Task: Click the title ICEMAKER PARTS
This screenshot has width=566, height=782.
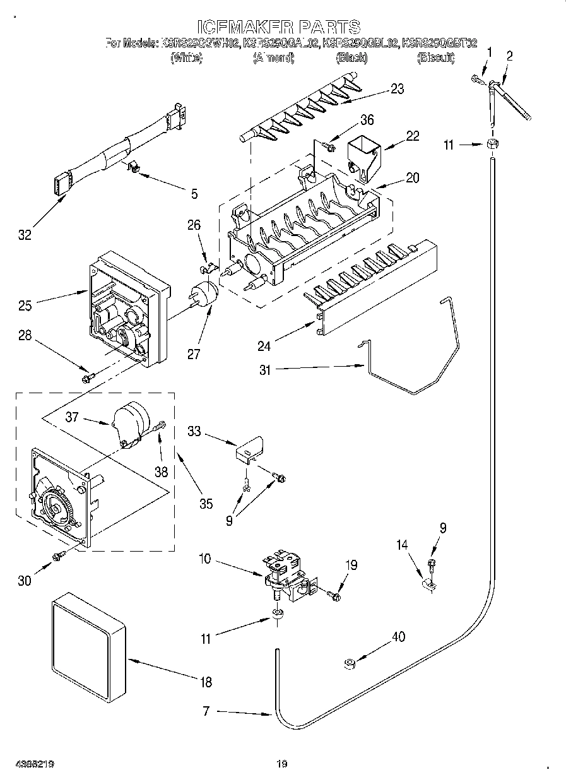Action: [x=278, y=27]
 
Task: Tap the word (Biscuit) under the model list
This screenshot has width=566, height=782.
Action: [x=435, y=57]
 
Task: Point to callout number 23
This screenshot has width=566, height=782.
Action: [x=397, y=89]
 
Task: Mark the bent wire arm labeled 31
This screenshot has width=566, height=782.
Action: [x=410, y=379]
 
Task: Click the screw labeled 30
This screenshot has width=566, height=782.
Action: [x=59, y=555]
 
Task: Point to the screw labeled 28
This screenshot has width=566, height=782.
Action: [x=87, y=377]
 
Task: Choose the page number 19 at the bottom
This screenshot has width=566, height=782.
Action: [x=282, y=764]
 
